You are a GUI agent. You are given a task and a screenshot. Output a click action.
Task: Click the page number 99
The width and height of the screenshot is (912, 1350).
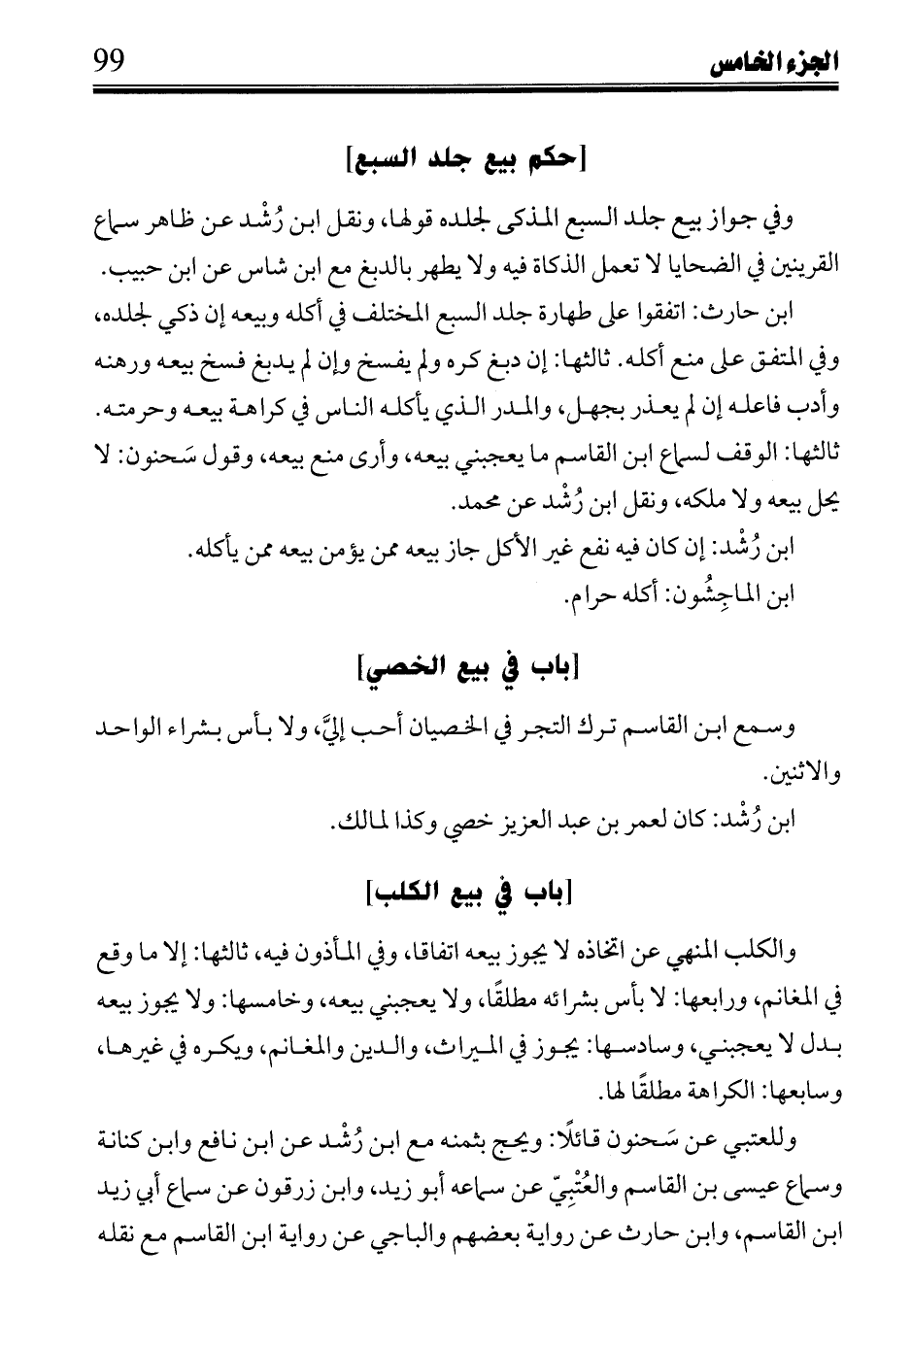pos(114,67)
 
